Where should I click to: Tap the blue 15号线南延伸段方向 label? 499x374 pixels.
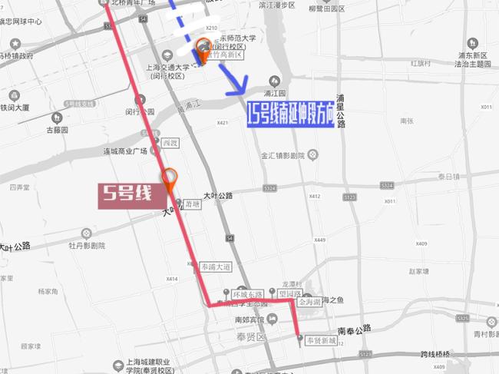[290, 117]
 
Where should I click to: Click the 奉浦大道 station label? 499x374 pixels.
[215, 267]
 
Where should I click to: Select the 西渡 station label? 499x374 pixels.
[170, 143]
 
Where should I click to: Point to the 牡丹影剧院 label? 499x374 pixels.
[86, 247]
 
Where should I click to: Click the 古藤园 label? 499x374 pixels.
[57, 130]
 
